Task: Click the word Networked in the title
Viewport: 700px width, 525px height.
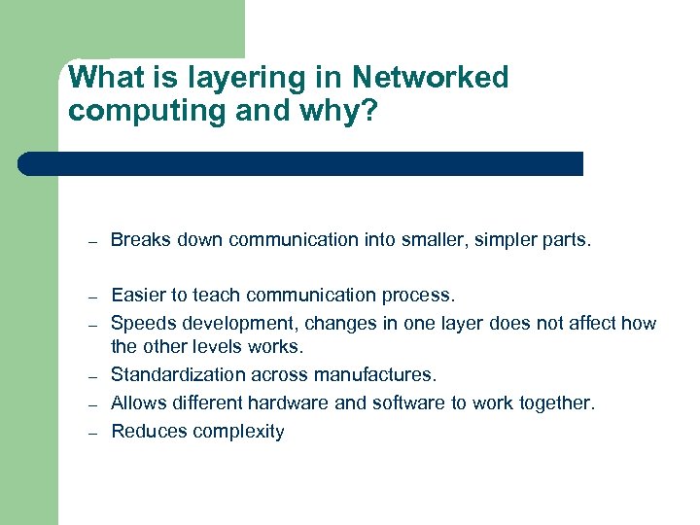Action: point(430,78)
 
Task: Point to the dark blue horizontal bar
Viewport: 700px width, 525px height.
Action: point(301,163)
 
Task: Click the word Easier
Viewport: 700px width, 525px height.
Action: point(137,295)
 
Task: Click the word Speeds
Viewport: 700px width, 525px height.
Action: point(142,323)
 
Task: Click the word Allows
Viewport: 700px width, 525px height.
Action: point(138,403)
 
